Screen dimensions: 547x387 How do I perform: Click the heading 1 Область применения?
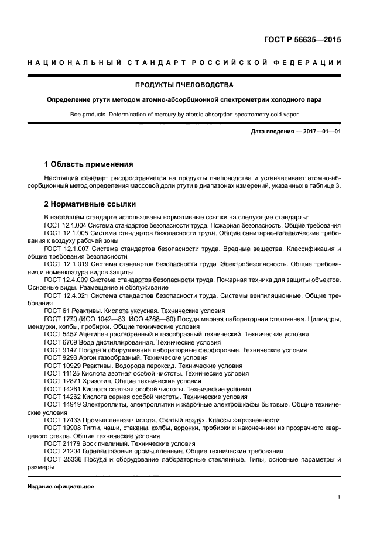point(88,164)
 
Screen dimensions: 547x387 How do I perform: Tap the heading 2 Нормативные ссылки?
point(90,204)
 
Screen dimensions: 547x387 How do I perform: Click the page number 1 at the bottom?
point(339,497)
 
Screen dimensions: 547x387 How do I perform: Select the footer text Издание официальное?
point(61,487)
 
